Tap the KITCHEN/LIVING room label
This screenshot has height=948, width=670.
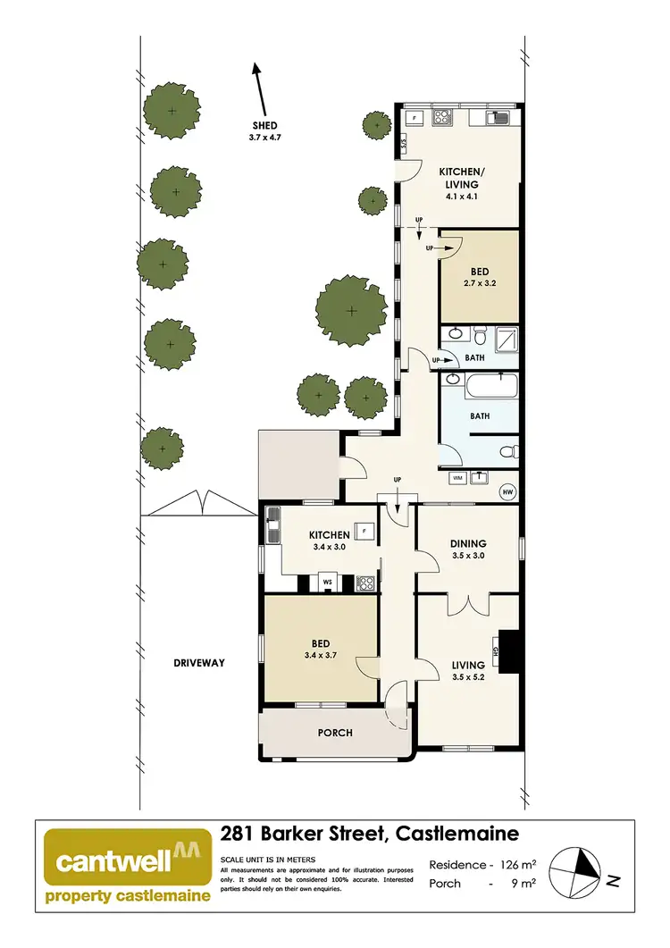tap(457, 178)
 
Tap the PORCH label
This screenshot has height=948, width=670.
tap(335, 733)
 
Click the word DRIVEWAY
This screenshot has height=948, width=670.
tap(198, 663)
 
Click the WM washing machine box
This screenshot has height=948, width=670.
tap(458, 478)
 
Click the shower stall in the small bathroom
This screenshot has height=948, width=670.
tap(507, 338)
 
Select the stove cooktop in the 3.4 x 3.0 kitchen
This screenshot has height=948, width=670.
tap(365, 583)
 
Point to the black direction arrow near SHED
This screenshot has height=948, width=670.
tap(261, 85)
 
